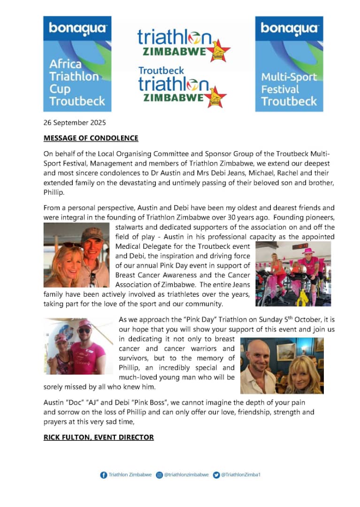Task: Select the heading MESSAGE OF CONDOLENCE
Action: coord(91,138)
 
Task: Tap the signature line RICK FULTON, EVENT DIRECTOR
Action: coord(99,437)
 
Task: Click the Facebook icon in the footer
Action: coord(104,475)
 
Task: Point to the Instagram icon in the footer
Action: coord(159,475)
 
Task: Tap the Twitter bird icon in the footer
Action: coord(216,475)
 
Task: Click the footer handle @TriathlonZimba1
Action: coord(240,475)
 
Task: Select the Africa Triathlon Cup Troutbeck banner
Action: coord(77,64)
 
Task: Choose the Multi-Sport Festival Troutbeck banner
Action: coord(289,64)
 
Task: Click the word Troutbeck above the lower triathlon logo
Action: coord(161,70)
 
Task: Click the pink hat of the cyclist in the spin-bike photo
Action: coord(308,251)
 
